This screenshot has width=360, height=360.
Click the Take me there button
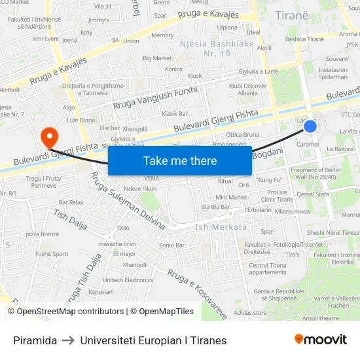(x=180, y=160)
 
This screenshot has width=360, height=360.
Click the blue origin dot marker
(x=310, y=126)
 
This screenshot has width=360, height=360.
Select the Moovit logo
(x=320, y=340)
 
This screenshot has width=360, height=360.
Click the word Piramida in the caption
(x=35, y=340)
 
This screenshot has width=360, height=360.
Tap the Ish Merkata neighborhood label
(x=221, y=227)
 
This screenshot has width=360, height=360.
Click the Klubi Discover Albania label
(x=248, y=89)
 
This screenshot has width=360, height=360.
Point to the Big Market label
(x=157, y=58)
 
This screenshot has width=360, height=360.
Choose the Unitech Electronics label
(x=128, y=279)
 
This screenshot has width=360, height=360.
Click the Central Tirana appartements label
(x=268, y=269)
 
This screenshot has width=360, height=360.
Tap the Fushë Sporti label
(x=52, y=253)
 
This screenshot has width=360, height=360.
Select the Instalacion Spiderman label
(x=333, y=73)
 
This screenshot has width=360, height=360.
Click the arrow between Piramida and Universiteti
(x=68, y=340)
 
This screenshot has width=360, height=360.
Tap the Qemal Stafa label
(x=312, y=194)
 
